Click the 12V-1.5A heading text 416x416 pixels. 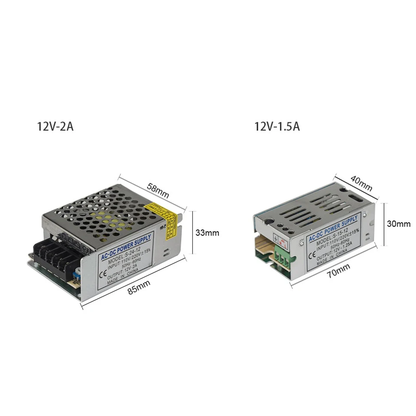point(277,127)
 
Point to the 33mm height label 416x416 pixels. point(207,233)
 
